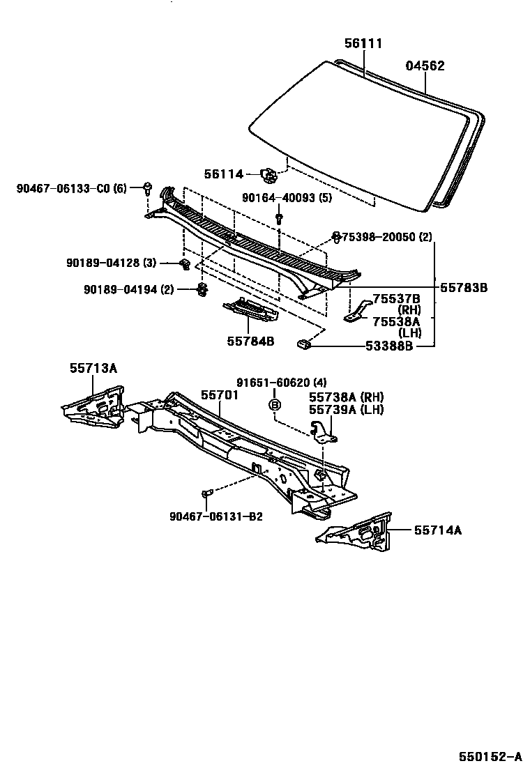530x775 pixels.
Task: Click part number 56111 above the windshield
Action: (x=363, y=43)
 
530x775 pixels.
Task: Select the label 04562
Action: (x=425, y=66)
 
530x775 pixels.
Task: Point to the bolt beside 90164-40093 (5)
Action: (x=279, y=217)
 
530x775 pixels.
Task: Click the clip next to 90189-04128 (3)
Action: (x=185, y=263)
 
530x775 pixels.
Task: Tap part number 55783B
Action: (x=463, y=287)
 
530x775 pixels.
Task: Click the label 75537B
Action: (x=396, y=299)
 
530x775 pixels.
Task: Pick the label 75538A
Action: (x=396, y=321)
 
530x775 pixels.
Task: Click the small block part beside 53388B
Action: (x=304, y=342)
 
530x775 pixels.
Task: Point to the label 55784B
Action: (x=250, y=341)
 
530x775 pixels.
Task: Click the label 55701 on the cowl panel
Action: (x=220, y=394)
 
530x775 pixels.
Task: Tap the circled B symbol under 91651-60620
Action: (x=275, y=405)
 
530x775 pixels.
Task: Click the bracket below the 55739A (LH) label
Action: (x=324, y=432)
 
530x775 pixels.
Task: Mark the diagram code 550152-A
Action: (x=490, y=757)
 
